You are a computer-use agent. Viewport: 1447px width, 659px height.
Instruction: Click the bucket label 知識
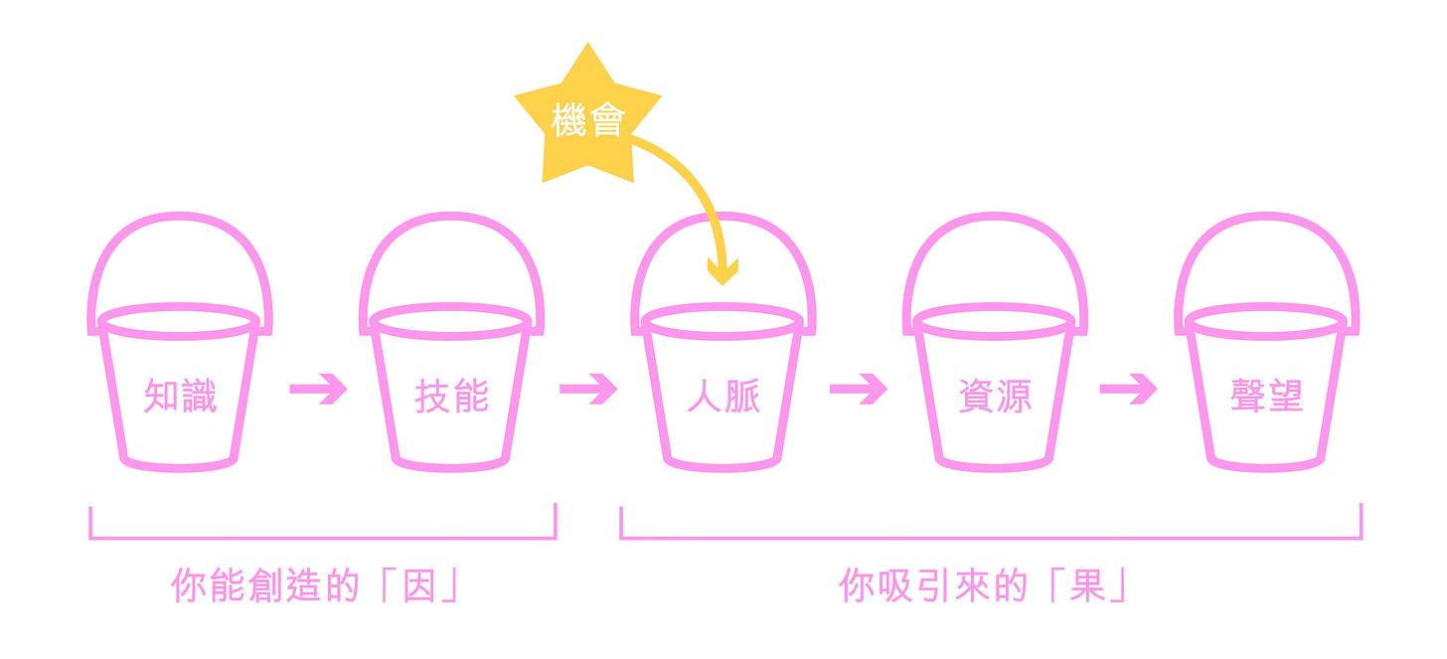point(180,396)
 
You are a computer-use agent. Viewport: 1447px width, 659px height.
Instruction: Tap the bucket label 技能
point(451,396)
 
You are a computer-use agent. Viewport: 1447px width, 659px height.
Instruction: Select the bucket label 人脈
point(723,396)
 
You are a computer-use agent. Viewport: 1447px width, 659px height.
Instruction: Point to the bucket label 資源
point(995,396)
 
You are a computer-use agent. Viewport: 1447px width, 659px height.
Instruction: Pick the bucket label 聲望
point(1267,396)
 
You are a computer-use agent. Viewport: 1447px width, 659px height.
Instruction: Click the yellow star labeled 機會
point(587,119)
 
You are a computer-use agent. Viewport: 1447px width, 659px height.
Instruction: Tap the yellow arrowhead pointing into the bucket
point(723,271)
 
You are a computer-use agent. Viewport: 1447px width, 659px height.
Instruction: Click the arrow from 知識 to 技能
point(318,389)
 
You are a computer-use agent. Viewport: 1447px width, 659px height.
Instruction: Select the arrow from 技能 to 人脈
point(588,389)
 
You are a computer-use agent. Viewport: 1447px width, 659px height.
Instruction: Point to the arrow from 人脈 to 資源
point(859,389)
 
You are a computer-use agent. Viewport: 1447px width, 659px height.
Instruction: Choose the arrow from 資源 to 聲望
point(1129,389)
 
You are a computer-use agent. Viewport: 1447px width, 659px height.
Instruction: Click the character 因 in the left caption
point(419,585)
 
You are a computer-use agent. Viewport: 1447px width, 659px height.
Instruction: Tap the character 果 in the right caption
point(1087,585)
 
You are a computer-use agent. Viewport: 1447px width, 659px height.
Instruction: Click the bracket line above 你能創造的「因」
point(323,537)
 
